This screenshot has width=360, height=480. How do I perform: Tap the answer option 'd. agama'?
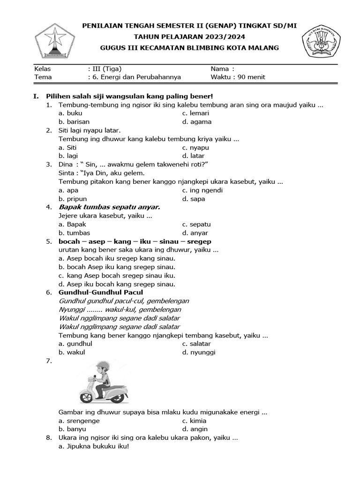pyautogui.click(x=197, y=122)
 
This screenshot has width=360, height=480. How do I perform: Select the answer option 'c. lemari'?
pyautogui.click(x=196, y=113)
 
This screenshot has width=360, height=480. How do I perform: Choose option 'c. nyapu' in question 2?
pyautogui.click(x=195, y=148)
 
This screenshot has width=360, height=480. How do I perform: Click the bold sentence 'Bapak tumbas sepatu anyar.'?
pyautogui.click(x=109, y=207)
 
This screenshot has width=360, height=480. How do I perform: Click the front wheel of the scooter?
pyautogui.click(x=87, y=398)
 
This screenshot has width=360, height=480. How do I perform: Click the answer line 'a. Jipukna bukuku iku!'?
pyautogui.click(x=94, y=446)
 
